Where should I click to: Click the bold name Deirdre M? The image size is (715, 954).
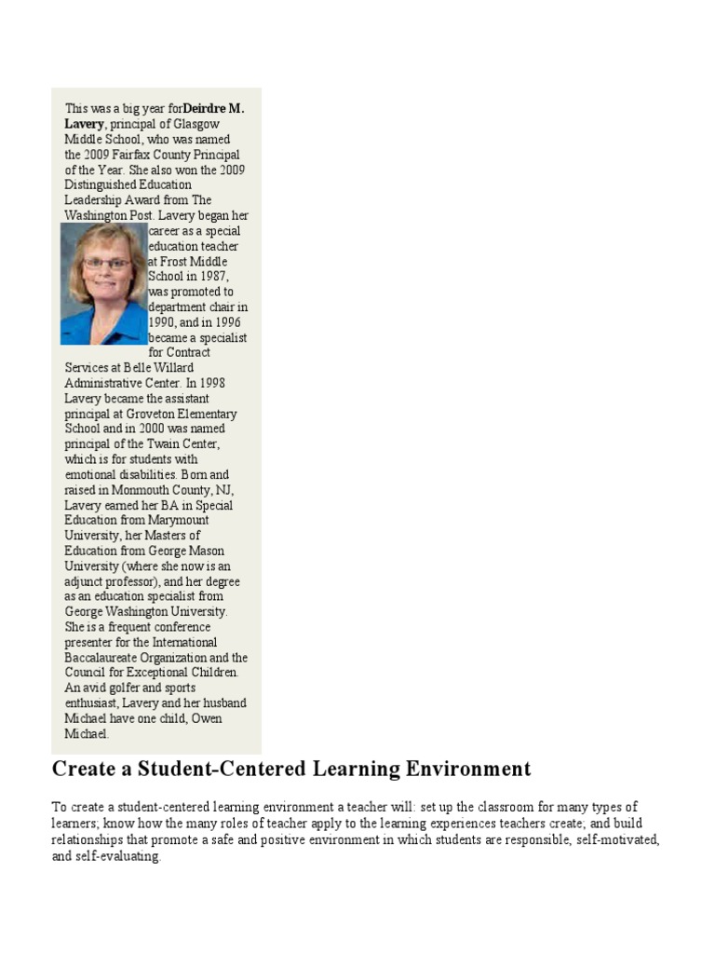(x=213, y=108)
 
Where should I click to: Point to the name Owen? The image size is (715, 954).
(x=206, y=718)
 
